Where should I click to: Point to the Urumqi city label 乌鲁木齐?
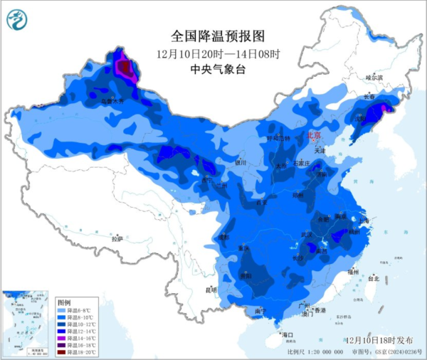click(x=111, y=102)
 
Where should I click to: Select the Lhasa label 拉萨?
click(x=117, y=238)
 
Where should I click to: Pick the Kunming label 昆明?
click(x=211, y=290)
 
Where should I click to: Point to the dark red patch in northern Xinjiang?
click(x=125, y=68)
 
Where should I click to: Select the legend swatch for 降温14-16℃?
click(x=61, y=338)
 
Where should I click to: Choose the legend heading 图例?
click(x=65, y=302)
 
